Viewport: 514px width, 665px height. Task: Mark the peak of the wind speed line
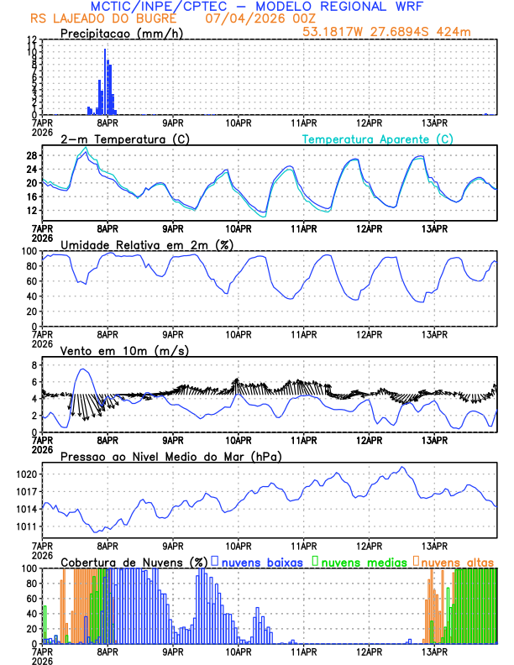point(82,369)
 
